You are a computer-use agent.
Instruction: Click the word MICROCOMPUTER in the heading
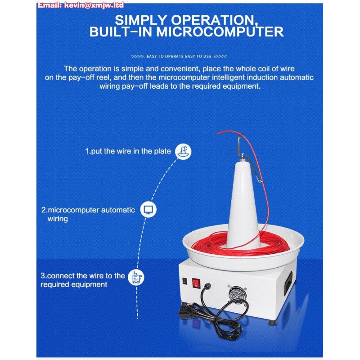pos(220,31)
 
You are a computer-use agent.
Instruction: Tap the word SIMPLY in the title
pos(140,20)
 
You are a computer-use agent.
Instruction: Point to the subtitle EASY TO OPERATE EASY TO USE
pos(179,56)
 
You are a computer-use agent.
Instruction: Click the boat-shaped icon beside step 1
pos(183,151)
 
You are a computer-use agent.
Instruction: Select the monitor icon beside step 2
pos(148,209)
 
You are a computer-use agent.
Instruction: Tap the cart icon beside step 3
pos(136,277)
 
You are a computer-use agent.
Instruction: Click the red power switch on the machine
pos(196,283)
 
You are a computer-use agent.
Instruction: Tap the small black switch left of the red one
pos(184,281)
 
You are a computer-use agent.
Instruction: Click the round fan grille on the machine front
pos(237,294)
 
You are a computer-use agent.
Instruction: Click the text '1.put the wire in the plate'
pos(128,151)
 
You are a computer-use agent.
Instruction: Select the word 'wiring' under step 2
pos(58,219)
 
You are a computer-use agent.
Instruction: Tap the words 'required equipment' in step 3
pos(74,284)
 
